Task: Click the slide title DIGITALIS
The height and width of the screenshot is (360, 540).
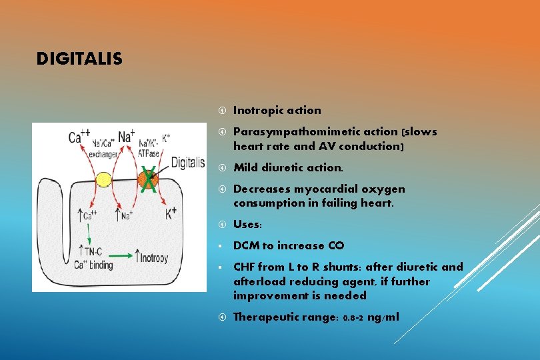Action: [79, 59]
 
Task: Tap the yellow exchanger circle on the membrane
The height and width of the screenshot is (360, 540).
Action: [104, 179]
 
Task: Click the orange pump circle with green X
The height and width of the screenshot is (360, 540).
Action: [147, 179]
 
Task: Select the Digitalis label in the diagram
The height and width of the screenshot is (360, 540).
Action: [187, 162]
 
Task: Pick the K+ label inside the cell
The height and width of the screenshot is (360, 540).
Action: [171, 214]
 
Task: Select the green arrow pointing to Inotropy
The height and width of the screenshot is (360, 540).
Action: [121, 255]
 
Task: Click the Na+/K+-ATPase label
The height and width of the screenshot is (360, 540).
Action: [149, 146]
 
